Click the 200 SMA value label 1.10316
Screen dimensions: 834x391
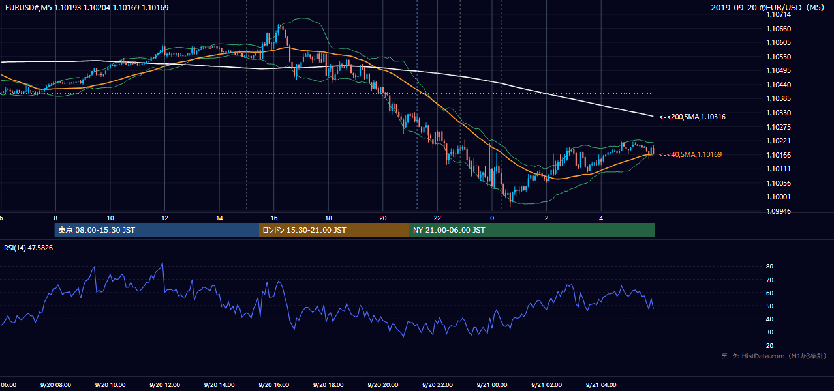coord(692,117)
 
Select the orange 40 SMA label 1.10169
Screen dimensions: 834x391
coord(690,154)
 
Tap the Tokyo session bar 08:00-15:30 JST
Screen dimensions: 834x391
coord(157,230)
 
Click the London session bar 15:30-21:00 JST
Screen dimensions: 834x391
coord(334,230)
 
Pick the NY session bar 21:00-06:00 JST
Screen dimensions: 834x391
coord(532,230)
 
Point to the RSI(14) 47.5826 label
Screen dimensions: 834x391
coord(28,248)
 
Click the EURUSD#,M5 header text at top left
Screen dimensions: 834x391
coord(87,7)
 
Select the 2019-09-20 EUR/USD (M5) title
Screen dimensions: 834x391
coord(767,7)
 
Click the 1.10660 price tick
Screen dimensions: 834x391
coord(779,29)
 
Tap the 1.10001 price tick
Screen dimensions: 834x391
coord(779,197)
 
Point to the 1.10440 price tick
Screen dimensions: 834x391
coord(779,85)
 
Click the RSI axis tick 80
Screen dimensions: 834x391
coord(769,266)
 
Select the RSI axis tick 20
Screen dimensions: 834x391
coord(769,345)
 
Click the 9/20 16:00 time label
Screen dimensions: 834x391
coord(273,384)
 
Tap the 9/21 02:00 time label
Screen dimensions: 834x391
coord(547,384)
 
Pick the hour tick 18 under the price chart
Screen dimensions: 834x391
coord(328,218)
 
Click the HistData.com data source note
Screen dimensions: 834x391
coord(774,356)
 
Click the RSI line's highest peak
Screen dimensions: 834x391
coord(162,263)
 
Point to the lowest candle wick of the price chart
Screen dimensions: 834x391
coord(510,207)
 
